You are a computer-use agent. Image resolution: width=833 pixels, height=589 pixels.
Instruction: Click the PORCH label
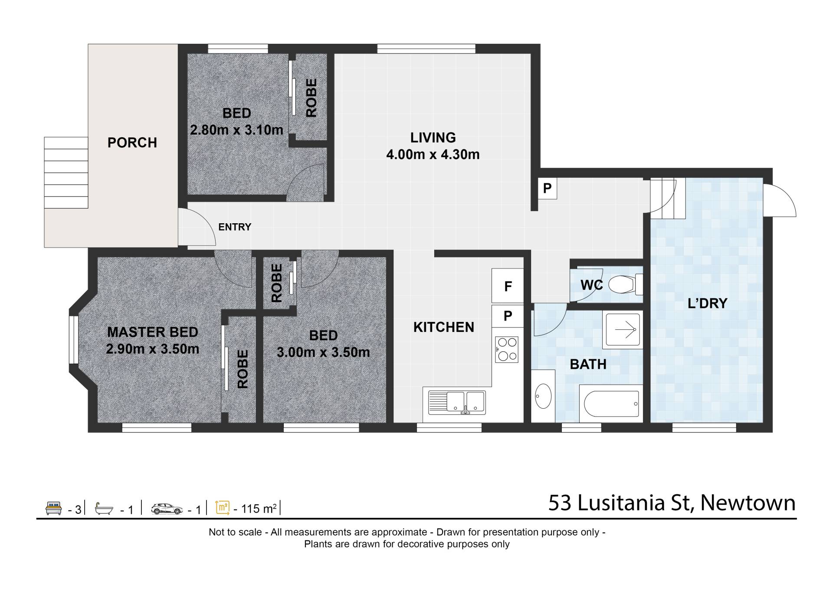(x=132, y=142)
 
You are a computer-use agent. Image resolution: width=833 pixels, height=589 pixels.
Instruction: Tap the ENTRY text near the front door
(x=235, y=227)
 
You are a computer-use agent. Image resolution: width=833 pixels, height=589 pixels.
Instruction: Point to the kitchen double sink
(x=457, y=402)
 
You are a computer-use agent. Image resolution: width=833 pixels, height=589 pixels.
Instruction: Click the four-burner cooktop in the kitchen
(x=507, y=350)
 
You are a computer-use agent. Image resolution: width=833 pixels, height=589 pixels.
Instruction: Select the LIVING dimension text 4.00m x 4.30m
(x=433, y=155)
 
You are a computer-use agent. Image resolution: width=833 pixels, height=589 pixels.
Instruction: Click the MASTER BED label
(x=153, y=332)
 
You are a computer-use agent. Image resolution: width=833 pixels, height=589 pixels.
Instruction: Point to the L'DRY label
(x=708, y=303)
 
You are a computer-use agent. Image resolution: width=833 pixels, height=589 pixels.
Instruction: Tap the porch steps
(x=66, y=173)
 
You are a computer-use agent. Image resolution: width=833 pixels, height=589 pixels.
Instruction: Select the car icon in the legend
(x=167, y=509)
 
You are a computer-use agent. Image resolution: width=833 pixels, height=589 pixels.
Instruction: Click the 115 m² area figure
(x=259, y=509)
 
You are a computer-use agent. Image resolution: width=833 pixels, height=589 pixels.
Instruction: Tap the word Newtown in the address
(x=748, y=503)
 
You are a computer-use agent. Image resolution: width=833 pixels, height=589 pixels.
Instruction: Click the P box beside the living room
(x=548, y=189)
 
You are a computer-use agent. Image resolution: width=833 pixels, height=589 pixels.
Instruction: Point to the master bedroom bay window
(x=74, y=340)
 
